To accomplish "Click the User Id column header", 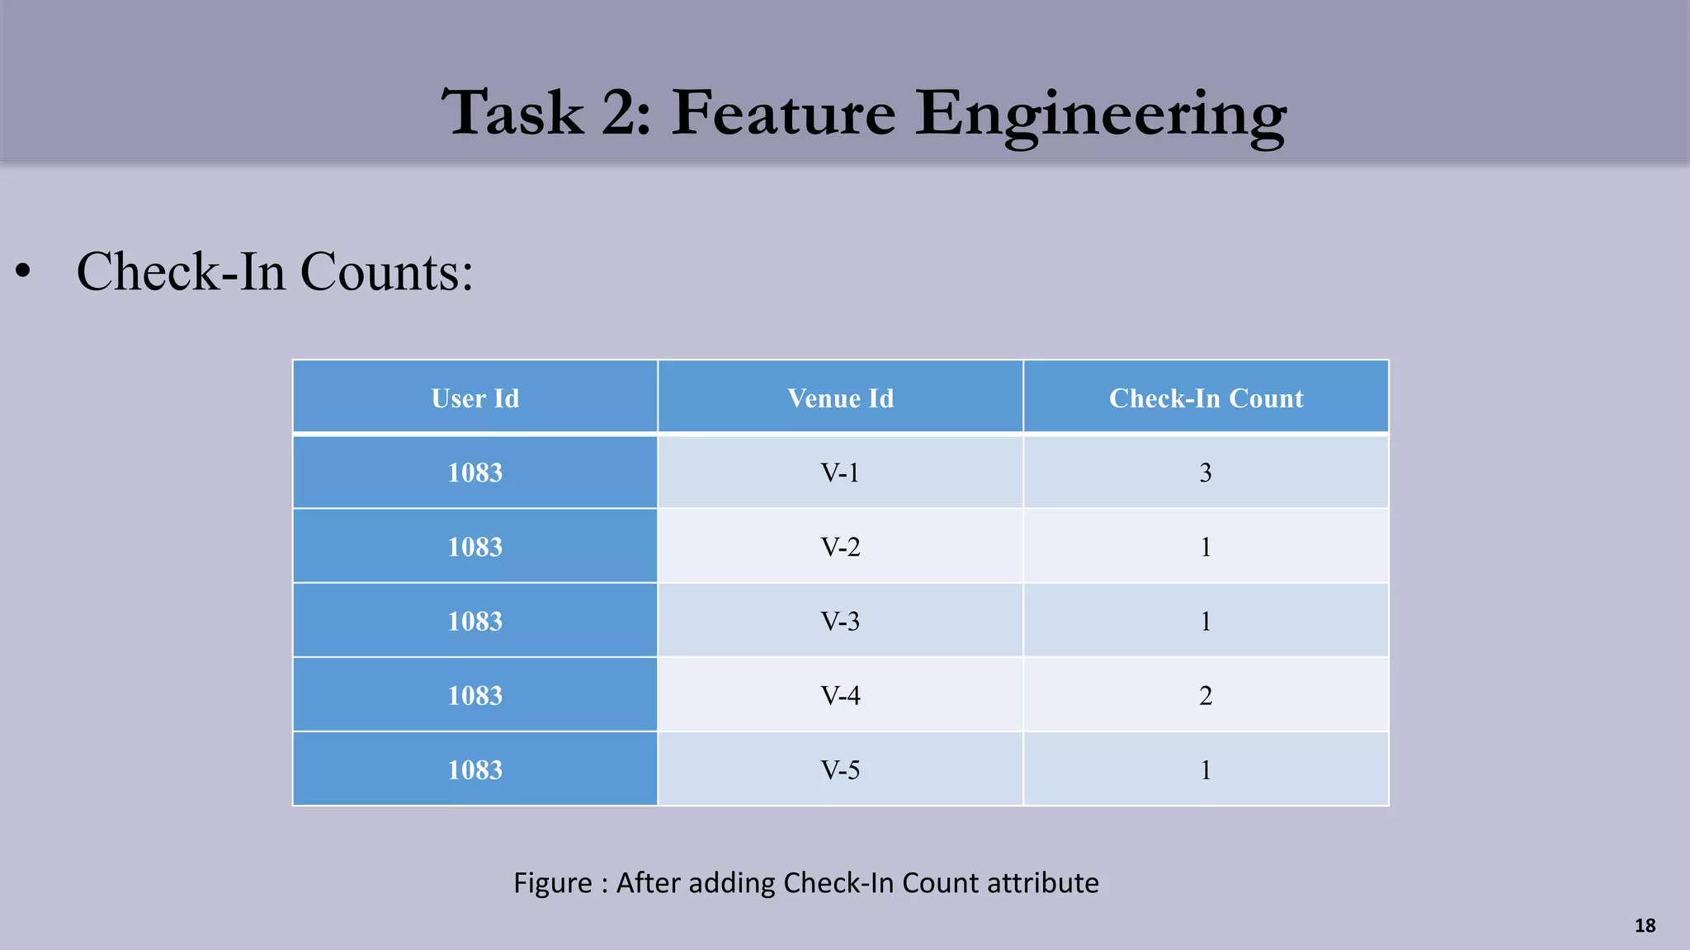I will [x=475, y=398].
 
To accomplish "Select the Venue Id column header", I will [x=840, y=398].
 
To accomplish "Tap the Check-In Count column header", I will [x=1206, y=398].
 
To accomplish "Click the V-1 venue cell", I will [x=840, y=473].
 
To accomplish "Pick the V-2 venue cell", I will [x=840, y=547].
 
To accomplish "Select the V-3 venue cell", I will [x=840, y=621].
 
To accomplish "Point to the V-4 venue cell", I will [x=840, y=695].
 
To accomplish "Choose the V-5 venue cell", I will [x=840, y=769].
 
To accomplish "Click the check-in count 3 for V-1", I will [x=1206, y=473].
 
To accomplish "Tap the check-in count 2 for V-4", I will [x=1206, y=695].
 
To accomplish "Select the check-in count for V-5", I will [x=1206, y=769].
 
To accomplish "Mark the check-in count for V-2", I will [x=1206, y=547].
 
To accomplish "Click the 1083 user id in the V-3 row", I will [x=475, y=621].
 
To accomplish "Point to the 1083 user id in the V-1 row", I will [x=475, y=473].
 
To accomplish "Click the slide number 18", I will [x=1645, y=925].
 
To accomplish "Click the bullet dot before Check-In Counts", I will [x=23, y=271].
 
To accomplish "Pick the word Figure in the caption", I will [x=552, y=883].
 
